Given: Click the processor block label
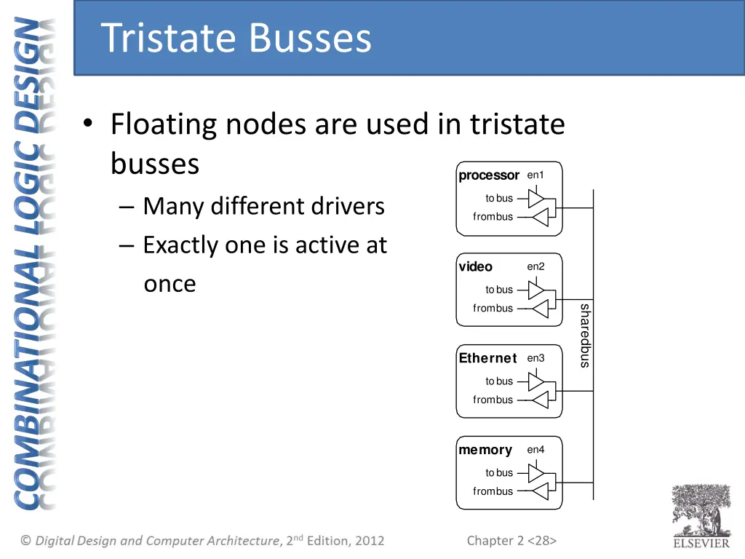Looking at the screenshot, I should point(488,175).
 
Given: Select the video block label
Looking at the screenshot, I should point(475,267).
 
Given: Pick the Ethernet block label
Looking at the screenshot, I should point(487,358).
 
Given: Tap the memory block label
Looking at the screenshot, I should point(485,450).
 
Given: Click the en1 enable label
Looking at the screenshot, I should point(535,175).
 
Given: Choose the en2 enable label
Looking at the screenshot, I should point(535,266).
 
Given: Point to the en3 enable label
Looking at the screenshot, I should point(535,358).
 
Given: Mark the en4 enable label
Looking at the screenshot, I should point(535,450).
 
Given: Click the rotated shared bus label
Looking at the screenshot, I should point(584,336).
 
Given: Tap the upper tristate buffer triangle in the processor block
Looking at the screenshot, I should point(535,198).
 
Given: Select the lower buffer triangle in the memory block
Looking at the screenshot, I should point(540,491).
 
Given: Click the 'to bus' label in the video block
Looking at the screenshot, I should point(499,290).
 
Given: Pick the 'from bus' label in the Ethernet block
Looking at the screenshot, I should point(493,400).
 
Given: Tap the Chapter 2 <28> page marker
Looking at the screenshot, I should point(511,540).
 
